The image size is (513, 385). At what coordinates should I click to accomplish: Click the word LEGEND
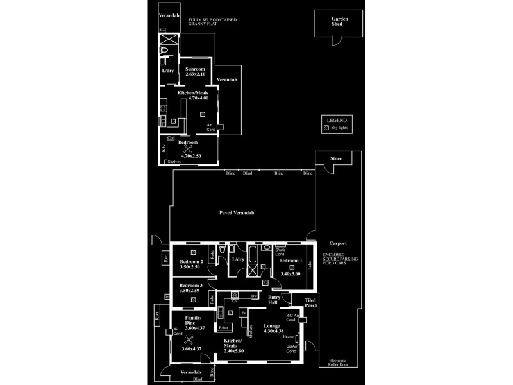click(x=336, y=120)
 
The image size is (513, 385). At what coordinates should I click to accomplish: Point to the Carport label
click(x=337, y=244)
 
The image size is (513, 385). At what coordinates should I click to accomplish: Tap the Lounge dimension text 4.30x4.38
click(x=272, y=331)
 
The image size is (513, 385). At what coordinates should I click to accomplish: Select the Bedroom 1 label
click(x=291, y=261)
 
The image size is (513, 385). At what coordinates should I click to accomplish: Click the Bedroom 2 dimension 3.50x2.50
click(x=191, y=268)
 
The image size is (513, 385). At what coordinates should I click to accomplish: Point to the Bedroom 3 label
click(x=191, y=285)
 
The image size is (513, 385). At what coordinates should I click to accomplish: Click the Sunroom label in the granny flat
click(x=195, y=69)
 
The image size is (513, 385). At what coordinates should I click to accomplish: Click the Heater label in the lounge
click(x=289, y=336)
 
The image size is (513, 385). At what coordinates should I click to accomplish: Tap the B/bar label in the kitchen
click(x=223, y=328)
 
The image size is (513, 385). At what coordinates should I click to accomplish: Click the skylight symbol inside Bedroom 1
click(x=291, y=268)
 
